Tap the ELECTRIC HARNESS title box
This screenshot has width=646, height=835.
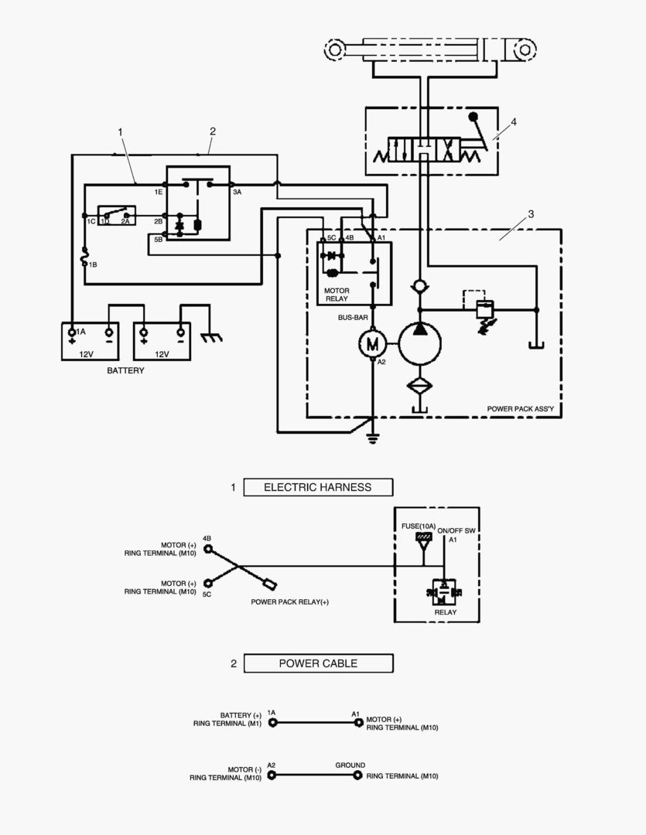[318, 487]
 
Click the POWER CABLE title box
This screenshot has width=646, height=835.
[318, 663]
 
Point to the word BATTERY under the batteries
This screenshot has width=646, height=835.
[125, 371]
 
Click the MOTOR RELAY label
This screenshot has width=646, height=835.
[337, 295]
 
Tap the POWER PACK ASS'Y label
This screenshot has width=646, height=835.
[520, 408]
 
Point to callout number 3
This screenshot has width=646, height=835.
[530, 214]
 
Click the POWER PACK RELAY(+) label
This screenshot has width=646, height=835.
[289, 602]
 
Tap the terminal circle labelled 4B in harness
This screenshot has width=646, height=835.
[207, 548]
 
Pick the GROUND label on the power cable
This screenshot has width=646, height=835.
[350, 765]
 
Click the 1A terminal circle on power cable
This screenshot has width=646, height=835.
[272, 723]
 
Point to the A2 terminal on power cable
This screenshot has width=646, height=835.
[272, 775]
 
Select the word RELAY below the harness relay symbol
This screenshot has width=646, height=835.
[445, 612]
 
